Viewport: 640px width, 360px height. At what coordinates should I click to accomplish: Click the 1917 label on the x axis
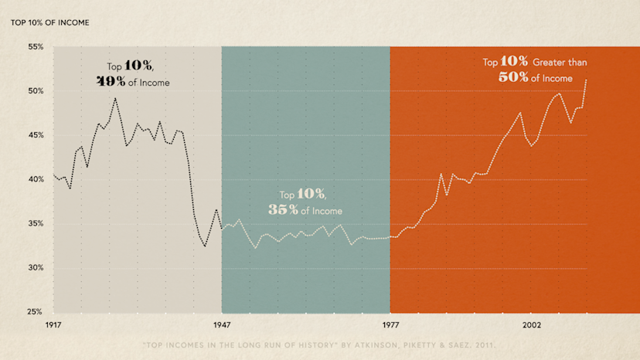coord(53,325)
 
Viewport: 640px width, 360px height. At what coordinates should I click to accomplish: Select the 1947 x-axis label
coord(222,325)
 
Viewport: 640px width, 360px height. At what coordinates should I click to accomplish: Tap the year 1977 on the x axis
coord(390,325)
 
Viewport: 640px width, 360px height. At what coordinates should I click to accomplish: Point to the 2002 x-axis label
coord(531,325)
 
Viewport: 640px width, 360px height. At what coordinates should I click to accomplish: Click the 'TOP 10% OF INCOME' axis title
coord(49,22)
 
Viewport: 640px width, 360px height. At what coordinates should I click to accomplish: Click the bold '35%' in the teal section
coord(282,210)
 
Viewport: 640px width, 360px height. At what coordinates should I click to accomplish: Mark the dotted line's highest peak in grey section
coord(115,97)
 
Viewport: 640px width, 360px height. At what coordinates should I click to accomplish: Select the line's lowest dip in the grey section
coord(205,246)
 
